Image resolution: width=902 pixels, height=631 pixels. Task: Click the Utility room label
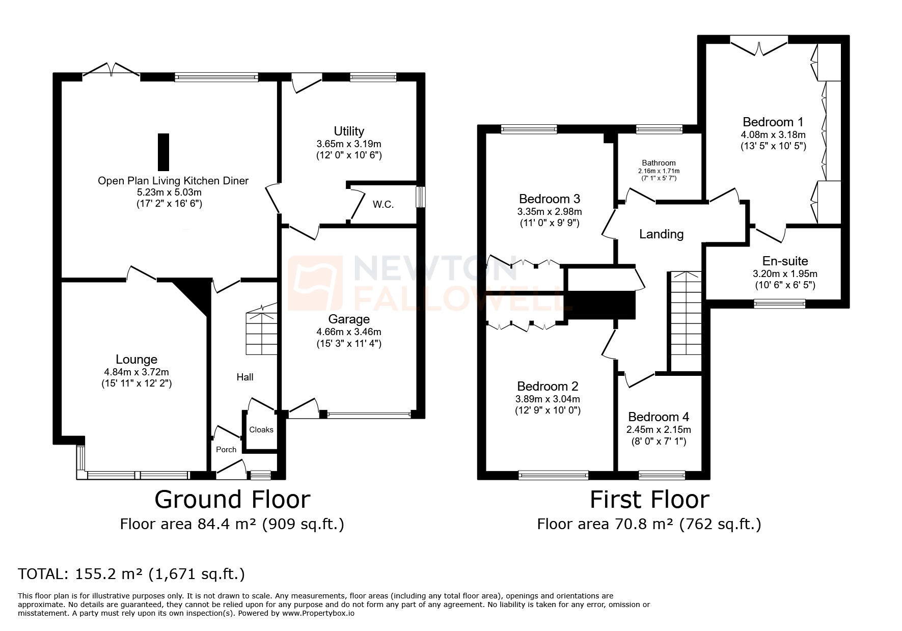pyautogui.click(x=349, y=131)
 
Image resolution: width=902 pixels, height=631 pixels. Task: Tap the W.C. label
pyautogui.click(x=383, y=205)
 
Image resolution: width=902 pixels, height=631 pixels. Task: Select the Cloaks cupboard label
pyautogui.click(x=261, y=430)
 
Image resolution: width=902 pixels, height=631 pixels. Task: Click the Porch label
pyautogui.click(x=226, y=450)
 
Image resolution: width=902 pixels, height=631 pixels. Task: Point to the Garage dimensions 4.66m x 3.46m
pyautogui.click(x=349, y=332)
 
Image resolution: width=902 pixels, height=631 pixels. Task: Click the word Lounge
pyautogui.click(x=136, y=360)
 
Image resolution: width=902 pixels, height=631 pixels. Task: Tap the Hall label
pyautogui.click(x=245, y=377)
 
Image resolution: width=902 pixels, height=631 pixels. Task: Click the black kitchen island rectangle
pyautogui.click(x=163, y=152)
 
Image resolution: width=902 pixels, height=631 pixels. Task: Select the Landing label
pyautogui.click(x=661, y=234)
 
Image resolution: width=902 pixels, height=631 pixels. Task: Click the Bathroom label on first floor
pyautogui.click(x=659, y=163)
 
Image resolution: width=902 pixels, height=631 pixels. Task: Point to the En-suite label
pyautogui.click(x=785, y=261)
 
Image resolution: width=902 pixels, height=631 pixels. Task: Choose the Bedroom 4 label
pyautogui.click(x=659, y=417)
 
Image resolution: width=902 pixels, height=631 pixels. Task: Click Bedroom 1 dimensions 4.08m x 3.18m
pyautogui.click(x=773, y=135)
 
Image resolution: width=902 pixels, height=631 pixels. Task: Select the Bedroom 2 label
pyautogui.click(x=548, y=387)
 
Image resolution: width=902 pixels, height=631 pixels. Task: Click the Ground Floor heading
pyautogui.click(x=232, y=500)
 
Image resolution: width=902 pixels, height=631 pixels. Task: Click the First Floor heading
pyautogui.click(x=649, y=500)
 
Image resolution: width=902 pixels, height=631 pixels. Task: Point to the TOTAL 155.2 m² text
pyautogui.click(x=131, y=574)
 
